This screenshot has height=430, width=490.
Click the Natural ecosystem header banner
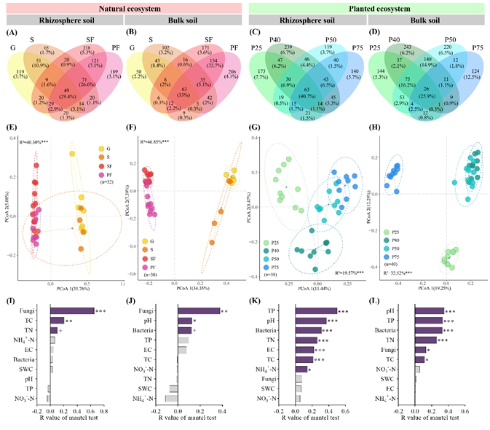coord(122,7)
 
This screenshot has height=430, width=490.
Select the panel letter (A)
coord(13,32)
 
